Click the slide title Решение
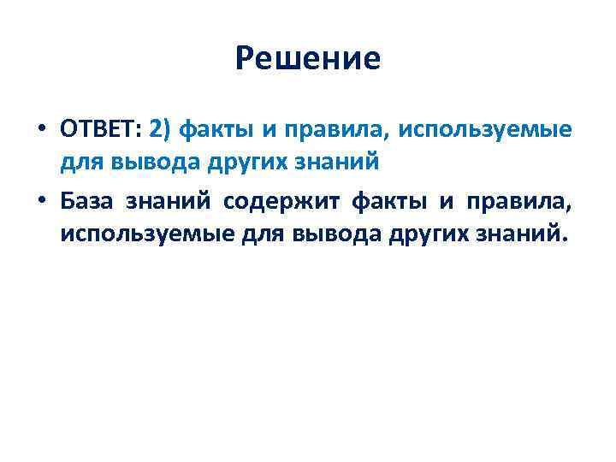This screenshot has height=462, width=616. click(307, 59)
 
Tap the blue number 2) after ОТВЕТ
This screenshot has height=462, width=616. click(160, 130)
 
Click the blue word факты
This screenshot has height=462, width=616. click(214, 130)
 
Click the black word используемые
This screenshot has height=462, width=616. click(134, 233)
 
